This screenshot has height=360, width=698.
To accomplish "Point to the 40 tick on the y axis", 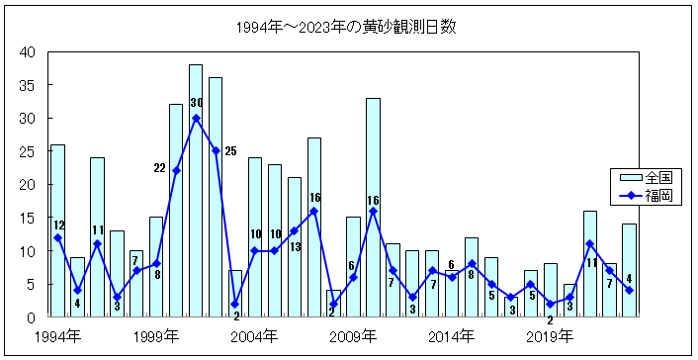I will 27,52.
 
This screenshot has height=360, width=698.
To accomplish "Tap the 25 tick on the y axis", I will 27,151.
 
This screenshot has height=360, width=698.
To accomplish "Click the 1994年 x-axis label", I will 57,337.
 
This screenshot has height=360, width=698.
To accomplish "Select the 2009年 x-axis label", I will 354,337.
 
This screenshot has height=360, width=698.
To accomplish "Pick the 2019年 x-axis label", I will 551,337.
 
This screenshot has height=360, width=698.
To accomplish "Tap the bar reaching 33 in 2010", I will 373,208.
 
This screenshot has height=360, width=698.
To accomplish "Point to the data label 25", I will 230,151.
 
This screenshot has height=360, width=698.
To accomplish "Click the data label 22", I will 159,168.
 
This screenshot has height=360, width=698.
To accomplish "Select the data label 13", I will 295,245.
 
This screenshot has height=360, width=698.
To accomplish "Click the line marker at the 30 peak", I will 196,118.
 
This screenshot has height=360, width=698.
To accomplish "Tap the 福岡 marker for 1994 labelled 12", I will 57,237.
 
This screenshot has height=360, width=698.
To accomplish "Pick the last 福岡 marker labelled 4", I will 629,290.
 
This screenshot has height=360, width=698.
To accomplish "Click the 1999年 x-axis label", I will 156,337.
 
